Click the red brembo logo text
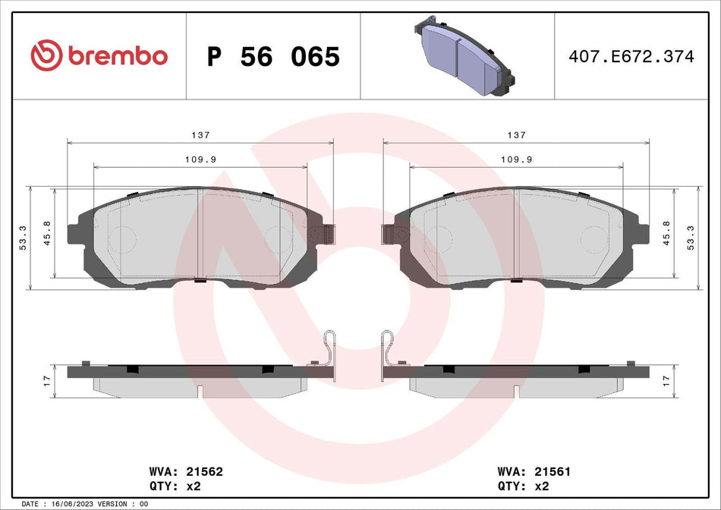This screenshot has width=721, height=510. [x=118, y=56]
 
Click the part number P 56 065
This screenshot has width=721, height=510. [x=273, y=57]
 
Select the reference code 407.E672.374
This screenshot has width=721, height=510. [x=631, y=56]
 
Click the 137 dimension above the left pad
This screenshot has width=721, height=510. [x=201, y=135]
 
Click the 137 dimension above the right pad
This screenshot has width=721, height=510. [x=516, y=135]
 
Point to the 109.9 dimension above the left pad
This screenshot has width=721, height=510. [x=200, y=159]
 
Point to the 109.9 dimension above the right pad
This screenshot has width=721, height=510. [x=516, y=159]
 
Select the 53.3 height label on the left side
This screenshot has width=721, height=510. [x=23, y=238]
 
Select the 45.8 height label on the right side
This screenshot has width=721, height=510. [x=666, y=233]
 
